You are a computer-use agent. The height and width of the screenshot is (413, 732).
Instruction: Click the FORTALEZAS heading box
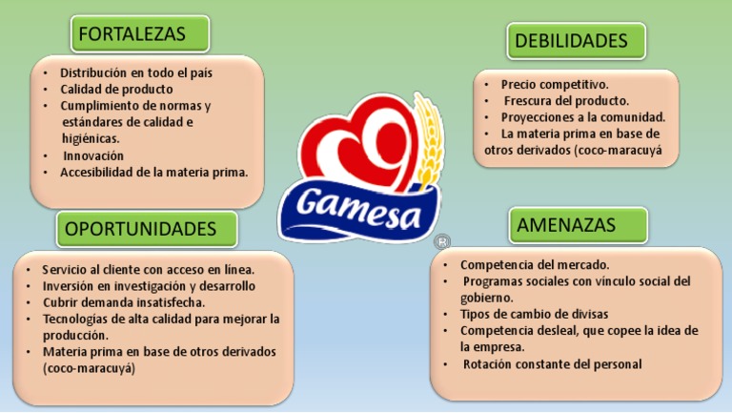pyautogui.click(x=139, y=34)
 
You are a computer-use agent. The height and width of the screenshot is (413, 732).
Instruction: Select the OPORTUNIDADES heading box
pyautogui.click(x=147, y=229)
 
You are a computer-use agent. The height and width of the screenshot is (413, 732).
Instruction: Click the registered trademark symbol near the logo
pyautogui.click(x=440, y=243)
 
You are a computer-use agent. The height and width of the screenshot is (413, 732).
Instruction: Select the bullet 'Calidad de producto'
pyautogui.click(x=116, y=89)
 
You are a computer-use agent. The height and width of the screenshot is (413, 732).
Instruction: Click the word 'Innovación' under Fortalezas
pyautogui.click(x=93, y=155)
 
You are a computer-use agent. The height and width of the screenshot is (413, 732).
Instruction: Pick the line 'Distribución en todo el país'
pyautogui.click(x=136, y=72)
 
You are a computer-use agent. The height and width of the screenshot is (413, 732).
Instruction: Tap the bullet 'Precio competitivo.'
pyautogui.click(x=555, y=84)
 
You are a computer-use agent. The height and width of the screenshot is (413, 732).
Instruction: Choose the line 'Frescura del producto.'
pyautogui.click(x=566, y=100)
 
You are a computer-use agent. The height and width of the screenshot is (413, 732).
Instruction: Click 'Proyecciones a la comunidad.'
pyautogui.click(x=582, y=117)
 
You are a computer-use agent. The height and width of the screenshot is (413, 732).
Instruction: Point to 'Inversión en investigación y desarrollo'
pyautogui.click(x=149, y=285)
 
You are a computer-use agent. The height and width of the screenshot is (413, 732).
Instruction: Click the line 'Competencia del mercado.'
pyautogui.click(x=535, y=264)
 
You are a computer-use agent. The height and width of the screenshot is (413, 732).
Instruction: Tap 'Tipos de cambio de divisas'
pyautogui.click(x=534, y=314)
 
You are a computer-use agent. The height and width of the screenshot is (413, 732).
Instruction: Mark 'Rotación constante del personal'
pyautogui.click(x=553, y=363)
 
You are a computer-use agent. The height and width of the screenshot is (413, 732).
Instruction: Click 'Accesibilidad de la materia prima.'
pyautogui.click(x=153, y=173)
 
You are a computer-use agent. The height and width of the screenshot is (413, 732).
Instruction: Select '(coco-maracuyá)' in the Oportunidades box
pyautogui.click(x=90, y=368)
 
